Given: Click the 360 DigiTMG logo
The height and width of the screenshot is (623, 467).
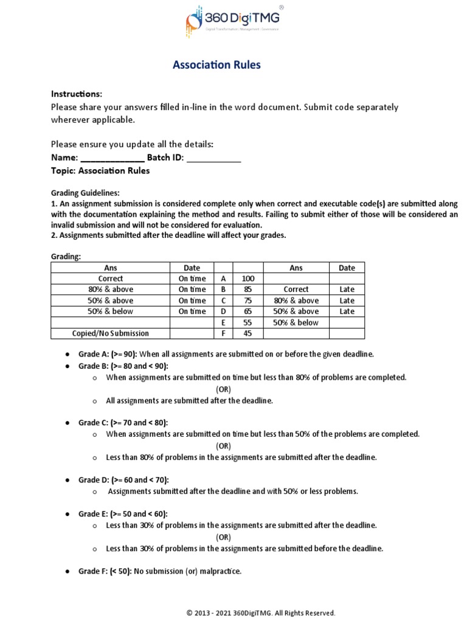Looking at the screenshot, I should (233, 22).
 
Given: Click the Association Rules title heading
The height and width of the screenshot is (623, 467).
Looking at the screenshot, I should (216, 64).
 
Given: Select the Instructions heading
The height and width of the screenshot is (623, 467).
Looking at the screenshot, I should (76, 94).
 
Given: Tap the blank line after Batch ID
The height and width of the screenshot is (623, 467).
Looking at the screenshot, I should (213, 158).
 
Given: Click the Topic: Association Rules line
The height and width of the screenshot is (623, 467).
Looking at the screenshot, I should (100, 170).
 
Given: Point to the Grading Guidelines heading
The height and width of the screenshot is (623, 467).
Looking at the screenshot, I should (85, 193).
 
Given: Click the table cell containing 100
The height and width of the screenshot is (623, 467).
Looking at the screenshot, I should (247, 279).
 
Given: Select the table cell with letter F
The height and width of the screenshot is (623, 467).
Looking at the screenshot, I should (223, 333).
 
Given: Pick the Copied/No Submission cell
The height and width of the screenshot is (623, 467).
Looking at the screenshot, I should (111, 333).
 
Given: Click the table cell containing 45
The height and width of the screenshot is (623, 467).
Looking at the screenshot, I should (247, 333).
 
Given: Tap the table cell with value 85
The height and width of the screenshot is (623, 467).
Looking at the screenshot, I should (247, 290).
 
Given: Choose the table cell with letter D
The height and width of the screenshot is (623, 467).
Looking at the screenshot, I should (223, 311).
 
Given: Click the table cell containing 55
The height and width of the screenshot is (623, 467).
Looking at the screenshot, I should (247, 322).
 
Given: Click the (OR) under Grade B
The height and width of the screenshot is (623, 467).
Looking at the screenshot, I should (223, 389).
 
